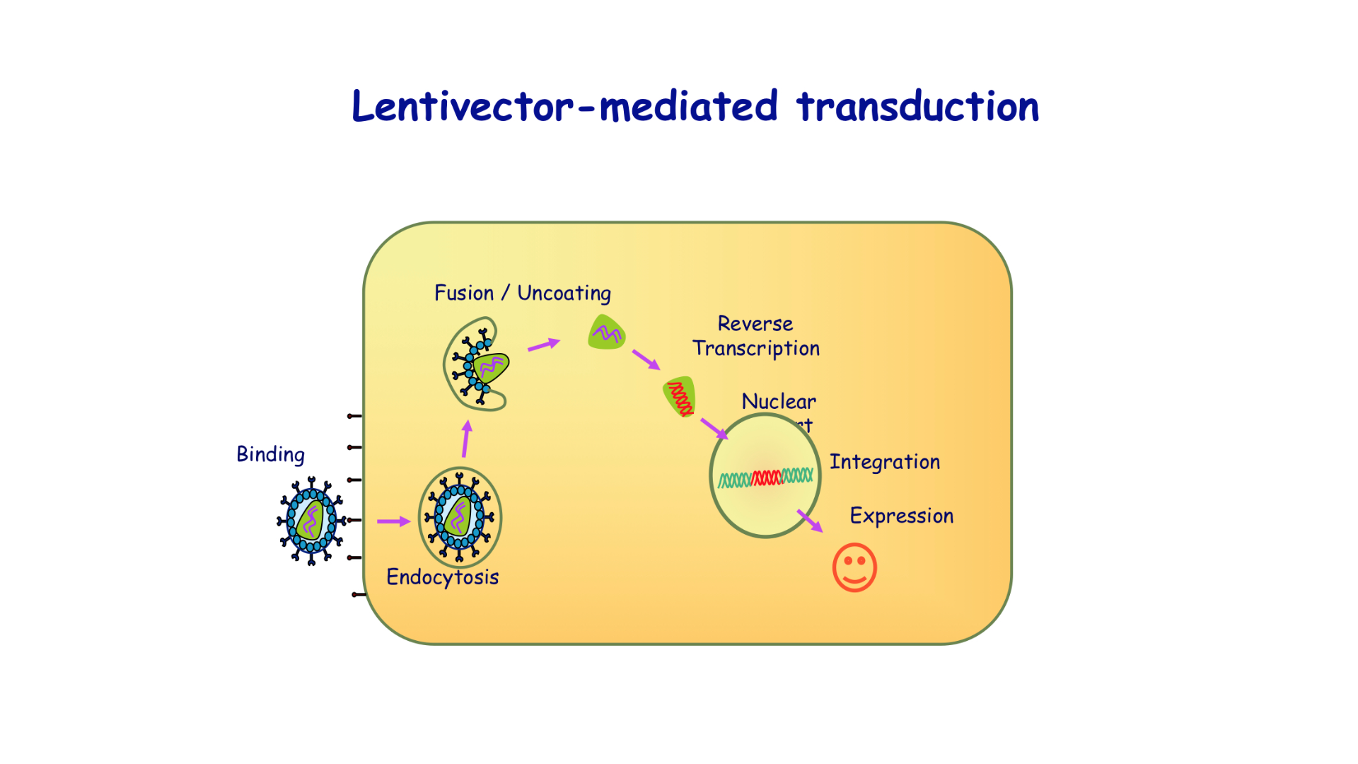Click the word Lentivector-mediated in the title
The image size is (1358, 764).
click(x=564, y=107)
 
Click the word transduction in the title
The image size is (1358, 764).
click(x=917, y=107)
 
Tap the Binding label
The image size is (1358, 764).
click(x=270, y=454)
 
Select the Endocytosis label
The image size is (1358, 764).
click(x=442, y=577)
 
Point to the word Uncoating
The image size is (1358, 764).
click(x=564, y=293)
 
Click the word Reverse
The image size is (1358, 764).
click(x=755, y=323)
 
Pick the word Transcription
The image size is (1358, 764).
click(x=755, y=348)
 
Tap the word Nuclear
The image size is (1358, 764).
click(x=778, y=401)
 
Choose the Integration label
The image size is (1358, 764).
click(x=884, y=462)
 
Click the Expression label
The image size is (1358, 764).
click(x=901, y=516)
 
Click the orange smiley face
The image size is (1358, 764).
click(x=854, y=567)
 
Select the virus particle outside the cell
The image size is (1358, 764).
click(x=311, y=521)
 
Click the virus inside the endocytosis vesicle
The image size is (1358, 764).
click(x=460, y=518)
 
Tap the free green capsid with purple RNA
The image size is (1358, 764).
click(x=606, y=332)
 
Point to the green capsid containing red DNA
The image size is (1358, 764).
click(x=680, y=397)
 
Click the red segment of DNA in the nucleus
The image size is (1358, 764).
click(x=766, y=478)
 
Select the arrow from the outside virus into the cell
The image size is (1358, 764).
click(x=393, y=521)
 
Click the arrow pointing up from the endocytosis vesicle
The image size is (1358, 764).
click(x=466, y=439)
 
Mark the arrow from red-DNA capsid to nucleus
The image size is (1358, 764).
click(x=714, y=428)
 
